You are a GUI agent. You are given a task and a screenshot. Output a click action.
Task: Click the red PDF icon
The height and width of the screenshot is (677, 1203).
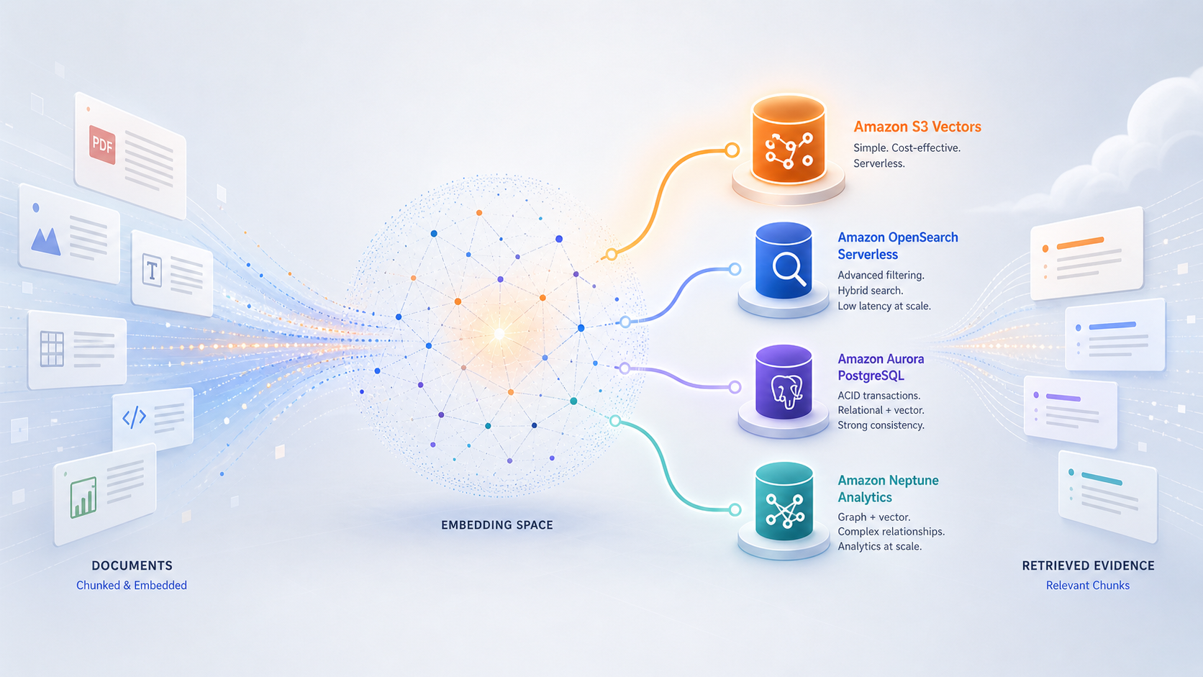point(102,145)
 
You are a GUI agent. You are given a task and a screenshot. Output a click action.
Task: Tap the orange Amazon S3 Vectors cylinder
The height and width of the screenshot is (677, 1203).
point(789,140)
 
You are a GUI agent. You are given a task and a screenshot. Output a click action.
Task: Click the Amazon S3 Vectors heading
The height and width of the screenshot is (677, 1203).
point(917,127)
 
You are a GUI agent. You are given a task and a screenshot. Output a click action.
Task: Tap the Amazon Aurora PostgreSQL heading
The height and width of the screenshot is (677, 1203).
point(881,367)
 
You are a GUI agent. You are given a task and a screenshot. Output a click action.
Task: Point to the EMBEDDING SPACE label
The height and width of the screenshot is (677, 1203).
point(496,525)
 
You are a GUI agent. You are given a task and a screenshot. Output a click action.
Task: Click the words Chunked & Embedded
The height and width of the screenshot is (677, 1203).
point(132,585)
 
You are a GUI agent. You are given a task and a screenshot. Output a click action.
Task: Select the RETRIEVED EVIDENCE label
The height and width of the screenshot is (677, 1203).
point(1088,565)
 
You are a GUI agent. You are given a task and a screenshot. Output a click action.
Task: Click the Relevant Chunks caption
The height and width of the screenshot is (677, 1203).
point(1088,585)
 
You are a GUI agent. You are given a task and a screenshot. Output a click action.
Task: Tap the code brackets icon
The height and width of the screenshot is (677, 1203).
point(134,417)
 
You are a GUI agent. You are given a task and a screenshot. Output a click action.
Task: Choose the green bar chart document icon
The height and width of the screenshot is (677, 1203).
point(83,498)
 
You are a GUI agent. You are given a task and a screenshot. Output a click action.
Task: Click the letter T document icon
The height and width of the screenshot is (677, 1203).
point(152,270)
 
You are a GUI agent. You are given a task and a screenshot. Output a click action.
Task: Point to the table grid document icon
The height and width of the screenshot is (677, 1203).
point(52,349)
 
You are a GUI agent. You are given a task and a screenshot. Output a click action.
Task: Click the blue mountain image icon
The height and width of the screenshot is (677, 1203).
point(45,241)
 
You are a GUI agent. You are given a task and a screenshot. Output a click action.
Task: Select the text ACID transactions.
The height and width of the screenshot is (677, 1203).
point(879,396)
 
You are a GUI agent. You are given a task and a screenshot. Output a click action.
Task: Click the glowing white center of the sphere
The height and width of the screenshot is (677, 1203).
point(499,334)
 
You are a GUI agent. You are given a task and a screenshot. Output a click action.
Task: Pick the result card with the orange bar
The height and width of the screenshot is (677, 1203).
point(1086,253)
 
